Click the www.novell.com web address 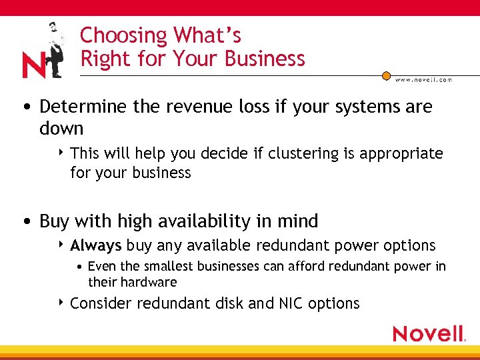[x=423, y=79]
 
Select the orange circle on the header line [x=386, y=76]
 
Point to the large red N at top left [x=34, y=66]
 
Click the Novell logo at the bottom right [x=429, y=333]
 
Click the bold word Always [x=96, y=245]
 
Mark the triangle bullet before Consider [x=61, y=303]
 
